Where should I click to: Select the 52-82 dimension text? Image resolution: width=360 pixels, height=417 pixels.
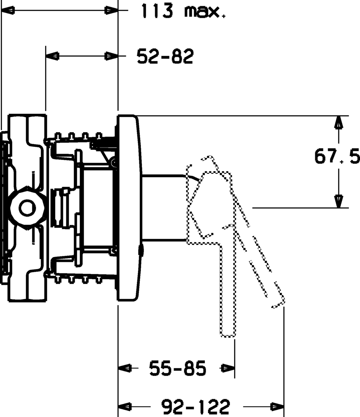(165, 57)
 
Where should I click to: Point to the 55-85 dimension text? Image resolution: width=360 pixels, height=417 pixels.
(177, 369)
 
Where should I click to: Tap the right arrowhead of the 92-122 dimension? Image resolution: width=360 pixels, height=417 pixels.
(277, 407)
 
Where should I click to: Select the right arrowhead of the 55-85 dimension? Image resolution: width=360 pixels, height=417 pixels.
(228, 369)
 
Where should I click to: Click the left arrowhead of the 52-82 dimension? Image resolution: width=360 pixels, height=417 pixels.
(52, 57)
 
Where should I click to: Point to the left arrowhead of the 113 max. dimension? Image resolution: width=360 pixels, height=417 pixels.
(8, 11)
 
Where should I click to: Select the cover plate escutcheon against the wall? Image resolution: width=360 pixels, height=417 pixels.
(128, 208)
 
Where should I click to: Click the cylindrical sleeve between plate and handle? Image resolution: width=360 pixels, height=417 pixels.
(164, 208)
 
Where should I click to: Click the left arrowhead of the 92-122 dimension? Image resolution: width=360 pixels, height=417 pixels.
(125, 407)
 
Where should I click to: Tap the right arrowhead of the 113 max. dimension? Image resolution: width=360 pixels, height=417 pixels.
(112, 11)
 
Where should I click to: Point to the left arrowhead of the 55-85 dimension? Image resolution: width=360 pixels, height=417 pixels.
(125, 369)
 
